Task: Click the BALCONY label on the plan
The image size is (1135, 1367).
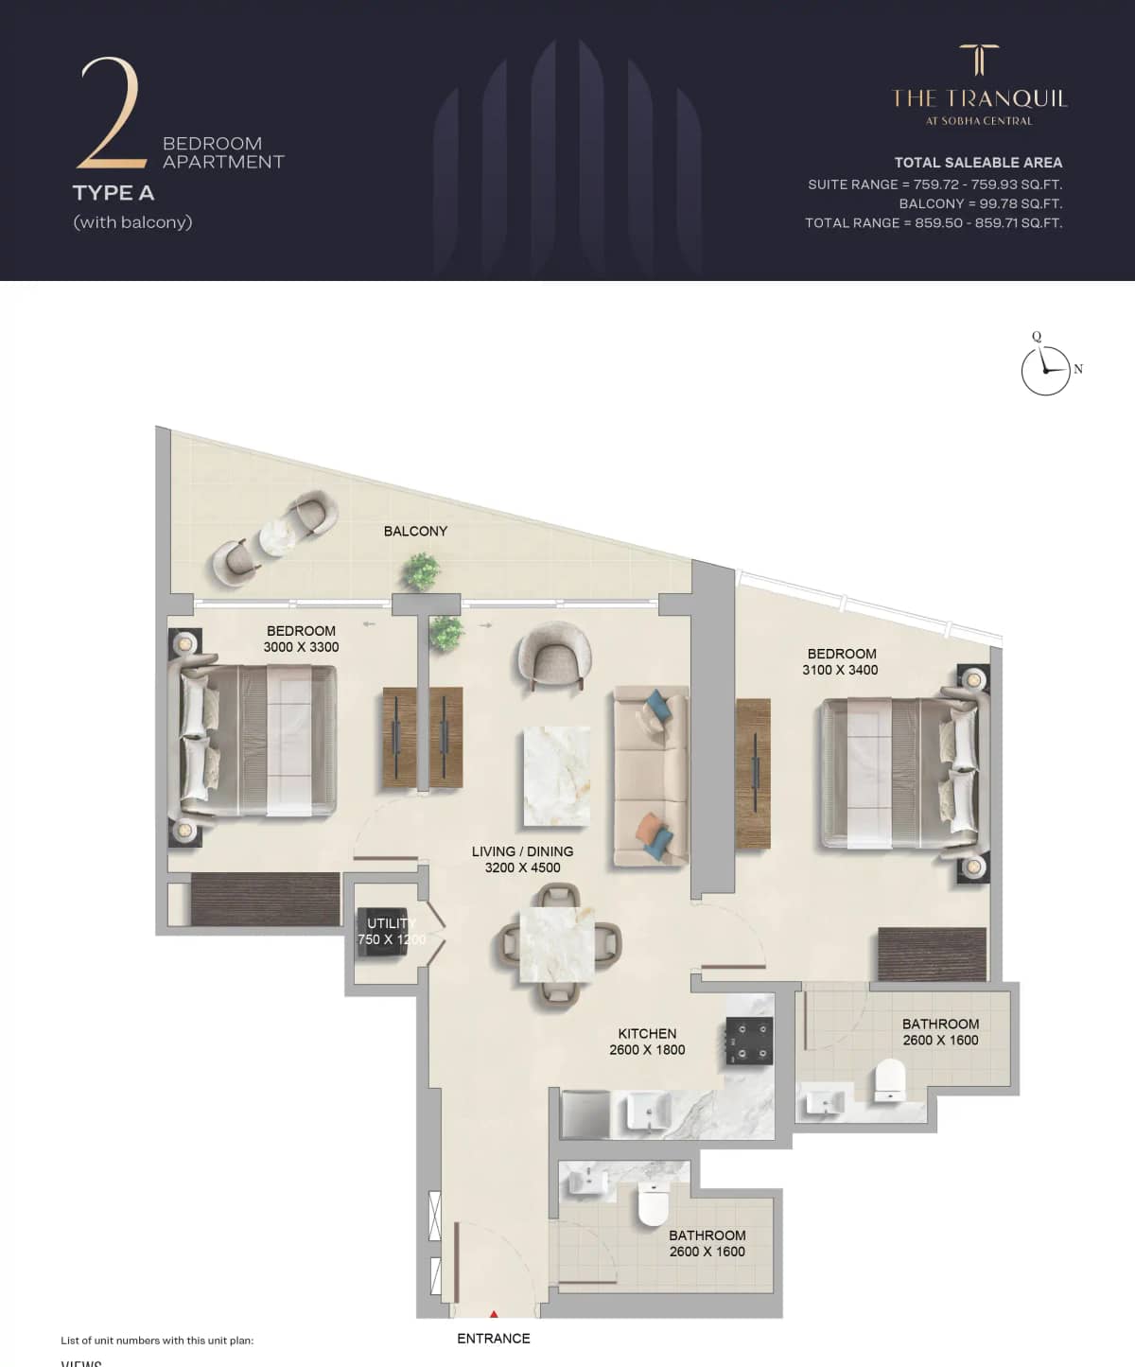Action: (415, 532)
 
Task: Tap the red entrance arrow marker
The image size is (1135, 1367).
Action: (494, 1314)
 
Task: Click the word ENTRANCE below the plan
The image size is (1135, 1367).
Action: (493, 1339)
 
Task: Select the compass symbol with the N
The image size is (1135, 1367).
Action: (1046, 369)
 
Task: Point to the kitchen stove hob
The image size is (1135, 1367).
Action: (749, 1041)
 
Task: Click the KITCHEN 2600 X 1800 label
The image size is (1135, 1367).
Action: (647, 1042)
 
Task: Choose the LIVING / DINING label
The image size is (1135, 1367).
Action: (522, 859)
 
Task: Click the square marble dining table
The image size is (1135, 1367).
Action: (557, 944)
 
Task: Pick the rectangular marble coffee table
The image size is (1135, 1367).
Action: (557, 777)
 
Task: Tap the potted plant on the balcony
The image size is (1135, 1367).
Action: (420, 570)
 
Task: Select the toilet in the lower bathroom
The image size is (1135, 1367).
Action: (654, 1204)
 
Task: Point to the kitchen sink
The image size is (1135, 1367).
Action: (648, 1109)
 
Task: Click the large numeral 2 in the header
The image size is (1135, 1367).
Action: (110, 114)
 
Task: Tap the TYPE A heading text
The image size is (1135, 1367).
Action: (113, 193)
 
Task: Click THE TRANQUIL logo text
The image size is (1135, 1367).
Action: (979, 98)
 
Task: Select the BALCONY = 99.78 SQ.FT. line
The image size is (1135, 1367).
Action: (980, 203)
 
